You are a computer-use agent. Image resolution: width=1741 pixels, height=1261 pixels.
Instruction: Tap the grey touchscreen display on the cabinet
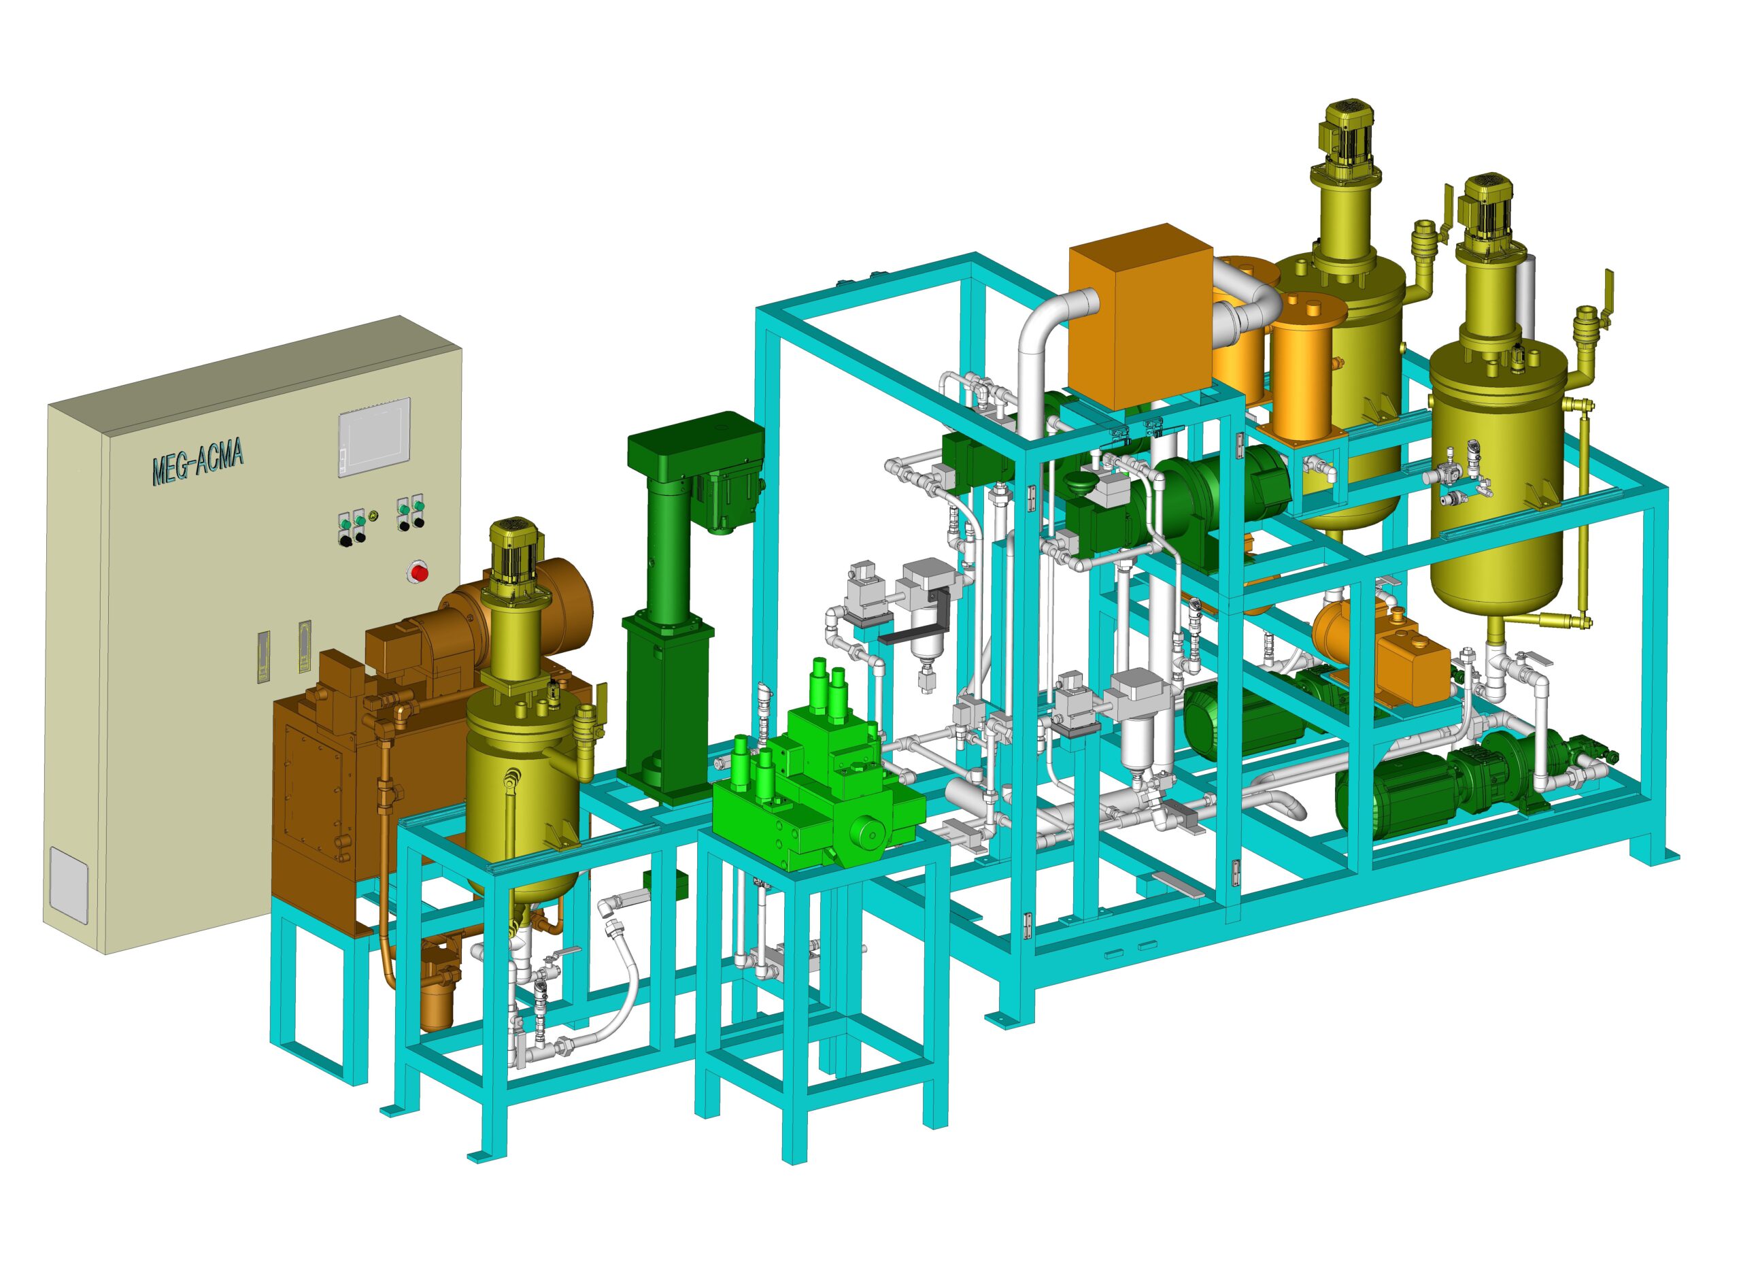point(375,437)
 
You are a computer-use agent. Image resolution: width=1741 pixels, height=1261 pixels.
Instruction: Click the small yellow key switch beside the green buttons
point(373,516)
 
